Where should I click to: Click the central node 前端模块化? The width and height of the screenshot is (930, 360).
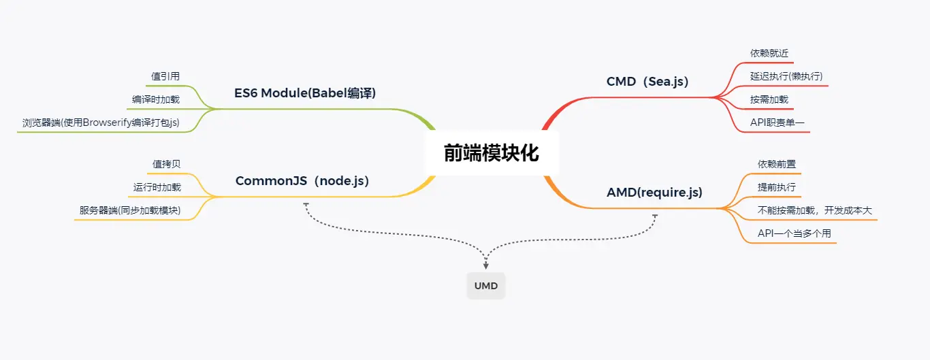click(x=492, y=153)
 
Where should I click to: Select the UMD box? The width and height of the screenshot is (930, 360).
click(x=486, y=286)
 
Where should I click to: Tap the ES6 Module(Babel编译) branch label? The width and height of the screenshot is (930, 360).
click(x=305, y=93)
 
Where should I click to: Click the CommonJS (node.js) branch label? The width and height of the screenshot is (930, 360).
click(x=302, y=181)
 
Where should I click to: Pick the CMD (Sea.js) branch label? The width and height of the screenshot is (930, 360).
click(x=647, y=82)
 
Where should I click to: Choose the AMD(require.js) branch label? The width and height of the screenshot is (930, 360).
click(x=654, y=193)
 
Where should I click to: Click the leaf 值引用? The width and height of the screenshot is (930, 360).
click(x=165, y=76)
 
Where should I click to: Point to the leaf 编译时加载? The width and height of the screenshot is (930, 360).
click(x=156, y=99)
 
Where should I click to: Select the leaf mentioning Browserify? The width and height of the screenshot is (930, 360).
click(x=101, y=123)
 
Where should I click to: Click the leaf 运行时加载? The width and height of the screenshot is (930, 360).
click(x=157, y=187)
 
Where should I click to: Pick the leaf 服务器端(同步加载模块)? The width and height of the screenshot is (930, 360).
click(x=130, y=211)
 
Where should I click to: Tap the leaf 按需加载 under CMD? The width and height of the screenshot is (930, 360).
click(x=769, y=99)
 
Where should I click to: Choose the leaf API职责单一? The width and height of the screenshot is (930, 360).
click(x=773, y=122)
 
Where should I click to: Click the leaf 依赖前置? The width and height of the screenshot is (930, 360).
click(x=777, y=164)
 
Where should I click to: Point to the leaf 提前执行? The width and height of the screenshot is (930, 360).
click(x=777, y=187)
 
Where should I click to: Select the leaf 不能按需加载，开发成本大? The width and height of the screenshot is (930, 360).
click(x=814, y=210)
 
